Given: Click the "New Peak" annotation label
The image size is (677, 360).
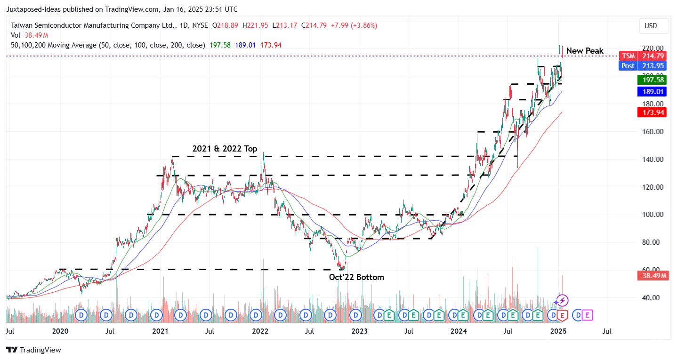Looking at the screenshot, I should coord(584,51).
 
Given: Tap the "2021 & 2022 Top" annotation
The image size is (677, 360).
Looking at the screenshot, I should coord(225,149).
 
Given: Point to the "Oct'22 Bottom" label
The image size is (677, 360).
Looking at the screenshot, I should coord(356,277).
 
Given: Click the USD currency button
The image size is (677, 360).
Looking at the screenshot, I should coord(653,26).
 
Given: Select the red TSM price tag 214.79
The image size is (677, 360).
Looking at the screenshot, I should coord(643,56).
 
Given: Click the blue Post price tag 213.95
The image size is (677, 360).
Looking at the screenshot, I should coord(643,66).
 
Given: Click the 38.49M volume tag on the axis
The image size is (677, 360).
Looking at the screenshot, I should coord(653,276).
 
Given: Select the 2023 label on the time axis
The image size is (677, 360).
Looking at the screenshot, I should coord(359,331).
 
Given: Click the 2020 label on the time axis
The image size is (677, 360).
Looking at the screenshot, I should coord(60,331).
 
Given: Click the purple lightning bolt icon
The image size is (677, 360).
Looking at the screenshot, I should coord(562,301).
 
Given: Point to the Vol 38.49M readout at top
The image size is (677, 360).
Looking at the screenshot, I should coord(29,35).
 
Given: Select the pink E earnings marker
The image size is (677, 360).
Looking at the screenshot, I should coord(588,315).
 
